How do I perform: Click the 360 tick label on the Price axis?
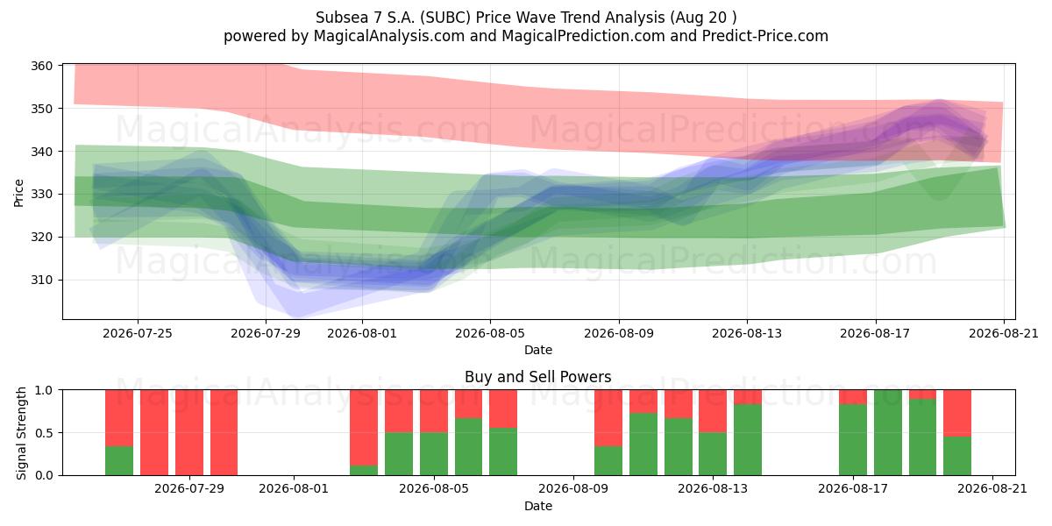41,66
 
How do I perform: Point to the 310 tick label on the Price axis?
41,280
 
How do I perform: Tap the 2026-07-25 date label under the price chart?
138,333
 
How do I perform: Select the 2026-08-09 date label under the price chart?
619,333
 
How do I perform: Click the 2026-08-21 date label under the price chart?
1004,333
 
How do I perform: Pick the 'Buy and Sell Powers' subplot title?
538,377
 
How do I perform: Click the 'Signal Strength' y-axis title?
21,433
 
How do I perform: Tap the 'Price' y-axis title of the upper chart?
18,193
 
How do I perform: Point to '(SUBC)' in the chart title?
445,18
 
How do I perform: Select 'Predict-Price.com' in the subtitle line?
765,36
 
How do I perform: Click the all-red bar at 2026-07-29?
189,432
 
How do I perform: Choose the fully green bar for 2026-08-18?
887,432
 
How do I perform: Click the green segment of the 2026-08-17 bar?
853,439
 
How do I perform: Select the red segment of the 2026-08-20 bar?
957,413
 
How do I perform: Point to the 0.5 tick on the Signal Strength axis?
44,432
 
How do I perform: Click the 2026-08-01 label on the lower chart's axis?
294,489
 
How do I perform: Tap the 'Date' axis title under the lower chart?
538,507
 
